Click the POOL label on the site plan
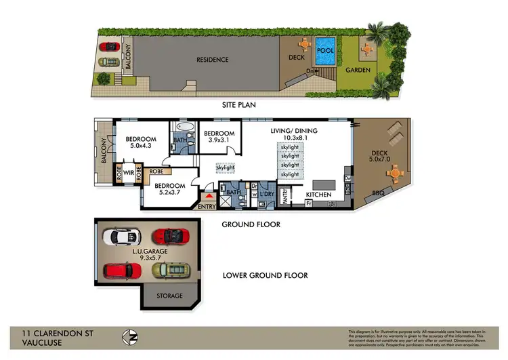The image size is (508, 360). tap(326, 50)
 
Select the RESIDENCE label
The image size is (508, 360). tap(213, 60)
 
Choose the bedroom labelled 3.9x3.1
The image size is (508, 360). tap(219, 140)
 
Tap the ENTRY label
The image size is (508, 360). tap(206, 207)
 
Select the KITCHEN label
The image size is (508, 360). tap(318, 195)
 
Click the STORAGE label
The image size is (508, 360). tap(169, 296)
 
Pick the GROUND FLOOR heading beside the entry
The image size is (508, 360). tap(251, 224)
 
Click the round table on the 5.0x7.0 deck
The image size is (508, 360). tap(395, 174)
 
